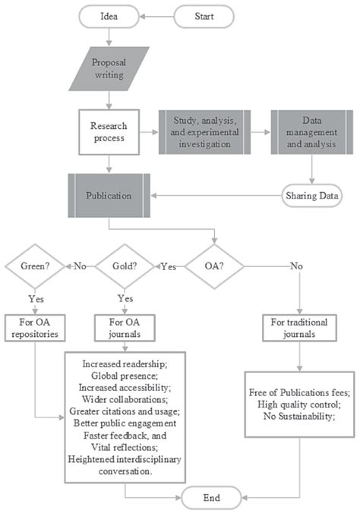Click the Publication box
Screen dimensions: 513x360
coord(109,195)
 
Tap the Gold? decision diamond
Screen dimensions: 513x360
coord(125,266)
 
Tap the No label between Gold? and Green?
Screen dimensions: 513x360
coord(79,266)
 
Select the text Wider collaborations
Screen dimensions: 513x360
coord(125,399)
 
